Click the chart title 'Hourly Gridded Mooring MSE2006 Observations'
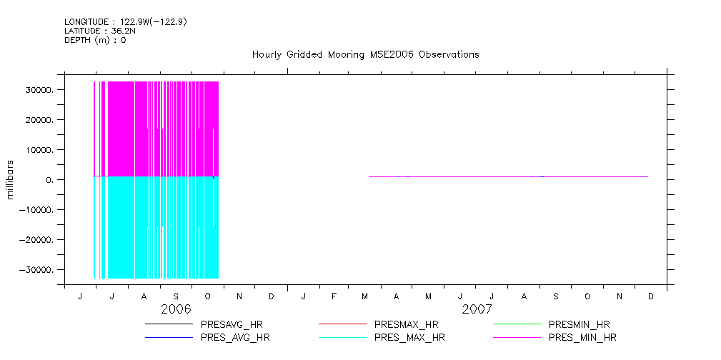365,54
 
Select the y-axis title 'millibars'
11,180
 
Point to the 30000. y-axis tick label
40,91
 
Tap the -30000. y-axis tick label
38,270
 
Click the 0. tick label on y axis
51,180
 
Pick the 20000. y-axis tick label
40,120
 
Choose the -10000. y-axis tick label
38,210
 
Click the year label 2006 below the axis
176,309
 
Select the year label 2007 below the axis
477,309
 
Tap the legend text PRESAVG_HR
230,325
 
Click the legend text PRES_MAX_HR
409,337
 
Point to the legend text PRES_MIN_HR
582,337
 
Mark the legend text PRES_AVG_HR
235,337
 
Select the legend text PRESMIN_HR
579,325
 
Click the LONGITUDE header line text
126,21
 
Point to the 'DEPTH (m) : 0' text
95,40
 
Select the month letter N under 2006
239,296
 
